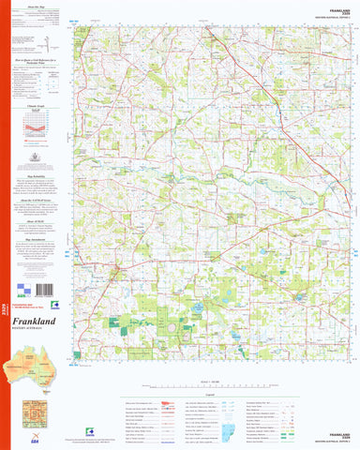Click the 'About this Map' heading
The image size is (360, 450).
(40, 7)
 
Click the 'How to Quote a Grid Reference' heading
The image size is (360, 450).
(40, 59)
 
